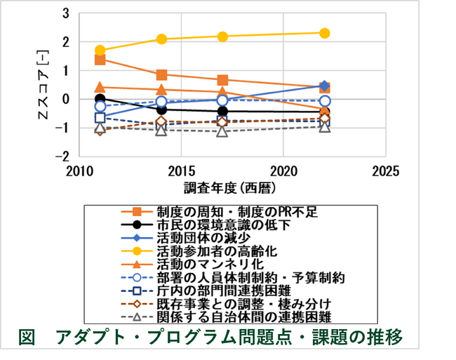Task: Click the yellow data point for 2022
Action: click(324, 33)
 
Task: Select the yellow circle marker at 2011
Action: click(100, 51)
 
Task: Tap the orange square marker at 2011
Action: click(100, 60)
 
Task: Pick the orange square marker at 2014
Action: click(162, 74)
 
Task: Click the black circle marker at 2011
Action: click(100, 99)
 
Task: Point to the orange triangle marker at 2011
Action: click(100, 87)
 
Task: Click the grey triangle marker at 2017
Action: click(222, 131)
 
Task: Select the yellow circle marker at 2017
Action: click(222, 36)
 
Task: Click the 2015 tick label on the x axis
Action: click(181, 171)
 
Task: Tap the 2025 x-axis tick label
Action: click(385, 171)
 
